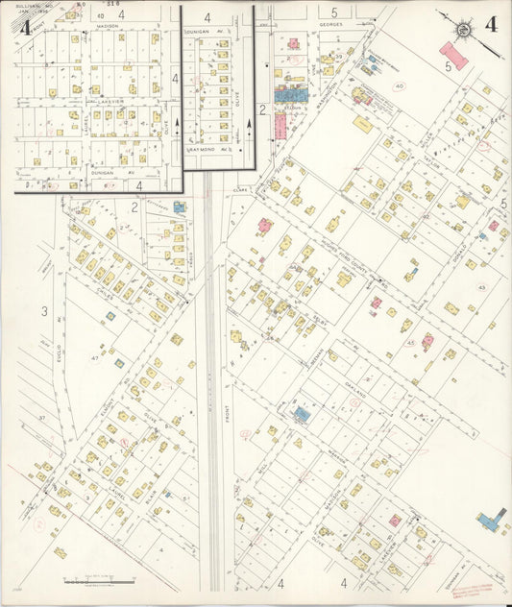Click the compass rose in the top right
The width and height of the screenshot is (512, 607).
tap(463, 29)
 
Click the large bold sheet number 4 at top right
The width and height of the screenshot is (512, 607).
tap(491, 25)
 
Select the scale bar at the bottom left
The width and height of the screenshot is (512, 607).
tap(99, 582)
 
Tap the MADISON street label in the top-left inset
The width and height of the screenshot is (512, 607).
tap(107, 27)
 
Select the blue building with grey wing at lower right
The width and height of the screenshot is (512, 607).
tap(492, 522)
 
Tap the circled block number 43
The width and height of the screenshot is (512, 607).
tap(481, 287)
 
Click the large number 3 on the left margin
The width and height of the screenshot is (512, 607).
tap(44, 310)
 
